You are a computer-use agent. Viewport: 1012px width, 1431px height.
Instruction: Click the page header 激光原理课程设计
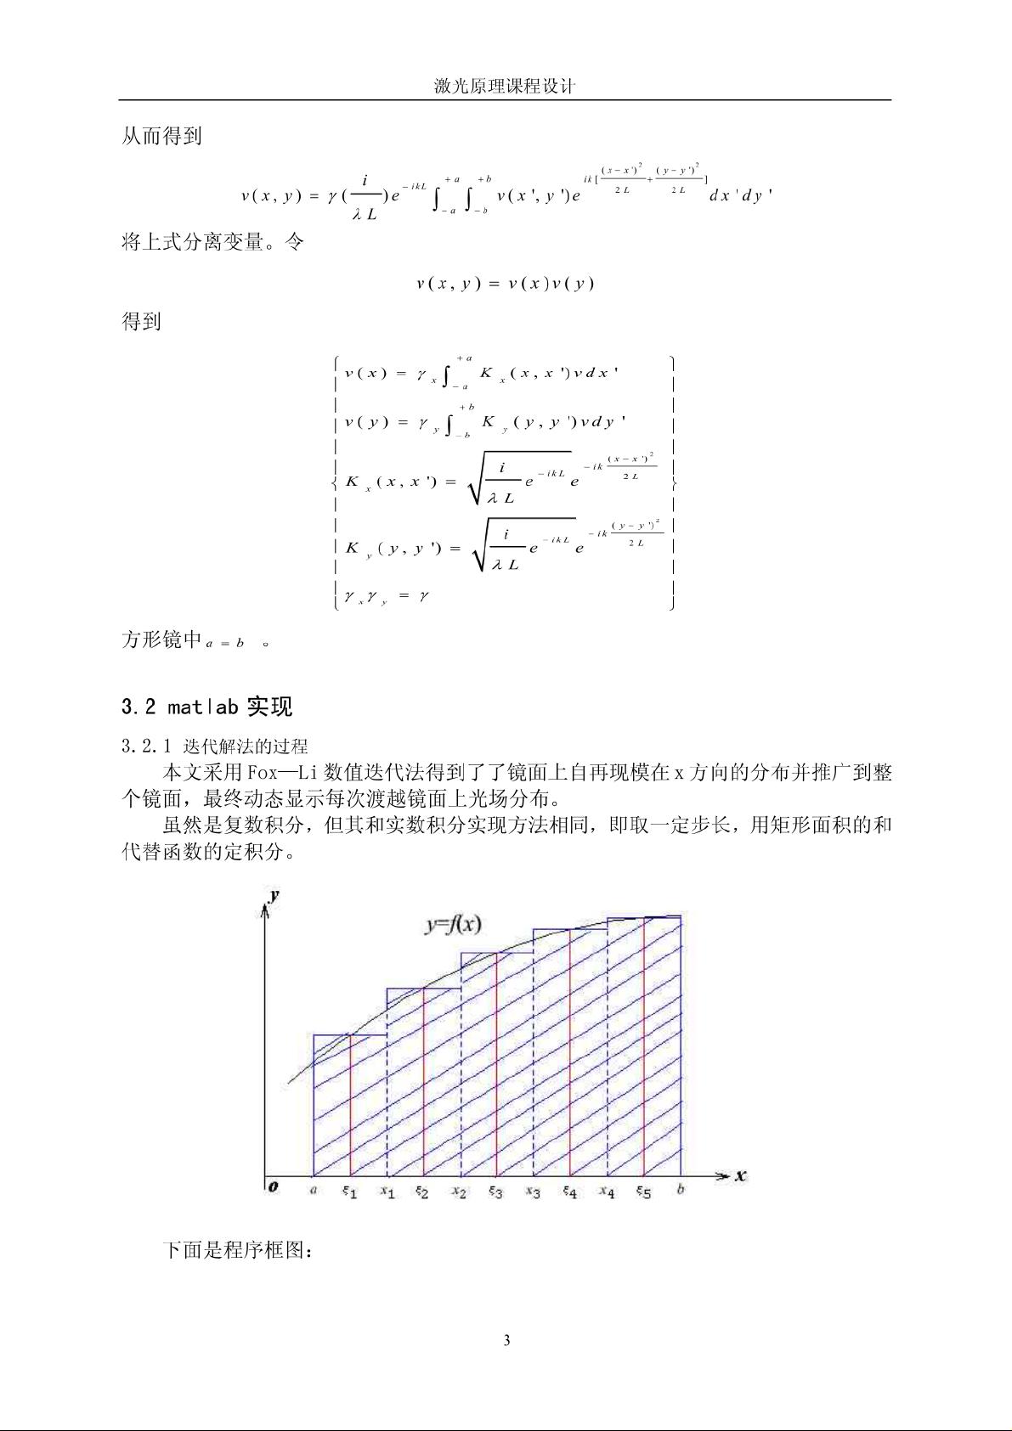point(505,87)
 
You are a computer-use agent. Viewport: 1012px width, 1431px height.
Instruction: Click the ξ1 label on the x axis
point(350,1192)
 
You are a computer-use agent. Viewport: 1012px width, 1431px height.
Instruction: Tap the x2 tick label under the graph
point(459,1192)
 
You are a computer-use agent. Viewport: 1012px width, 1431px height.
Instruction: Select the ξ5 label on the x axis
point(643,1192)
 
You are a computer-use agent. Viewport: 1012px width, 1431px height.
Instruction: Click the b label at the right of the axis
point(681,1190)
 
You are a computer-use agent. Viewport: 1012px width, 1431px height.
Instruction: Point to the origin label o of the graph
point(273,1186)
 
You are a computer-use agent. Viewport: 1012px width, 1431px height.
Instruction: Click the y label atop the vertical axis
point(274,896)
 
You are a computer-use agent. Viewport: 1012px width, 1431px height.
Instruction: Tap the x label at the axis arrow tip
point(740,1176)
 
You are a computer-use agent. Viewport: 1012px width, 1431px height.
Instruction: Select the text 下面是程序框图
point(238,1250)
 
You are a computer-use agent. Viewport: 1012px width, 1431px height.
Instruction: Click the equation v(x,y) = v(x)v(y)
point(505,284)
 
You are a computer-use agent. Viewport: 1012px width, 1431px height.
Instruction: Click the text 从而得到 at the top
point(161,136)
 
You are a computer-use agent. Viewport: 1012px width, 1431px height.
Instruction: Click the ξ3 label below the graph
point(495,1192)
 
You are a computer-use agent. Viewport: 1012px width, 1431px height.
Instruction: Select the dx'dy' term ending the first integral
point(740,195)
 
